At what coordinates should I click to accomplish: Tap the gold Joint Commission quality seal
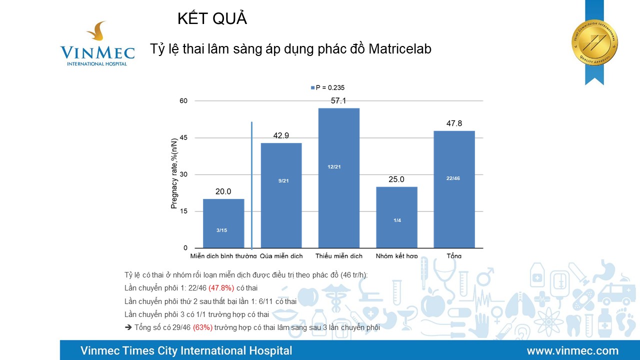(594, 42)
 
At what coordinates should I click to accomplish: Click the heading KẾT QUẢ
(212, 19)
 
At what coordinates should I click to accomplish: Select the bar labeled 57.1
(338, 177)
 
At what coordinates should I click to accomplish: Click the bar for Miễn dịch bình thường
(223, 223)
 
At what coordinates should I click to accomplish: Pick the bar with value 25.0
(396, 217)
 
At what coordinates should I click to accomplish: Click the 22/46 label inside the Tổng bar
(453, 178)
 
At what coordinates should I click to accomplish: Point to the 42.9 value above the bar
(281, 135)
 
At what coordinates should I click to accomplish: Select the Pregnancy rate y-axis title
(174, 173)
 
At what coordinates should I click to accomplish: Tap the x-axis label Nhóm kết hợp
(396, 256)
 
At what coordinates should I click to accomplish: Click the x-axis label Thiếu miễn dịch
(339, 256)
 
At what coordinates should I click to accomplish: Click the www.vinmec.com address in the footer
(572, 350)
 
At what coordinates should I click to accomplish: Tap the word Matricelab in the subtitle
(400, 49)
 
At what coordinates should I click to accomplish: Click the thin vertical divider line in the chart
(251, 185)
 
